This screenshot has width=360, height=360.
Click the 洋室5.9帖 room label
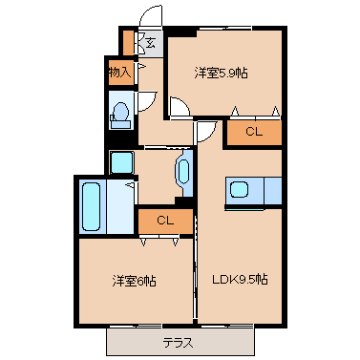coord(221,74)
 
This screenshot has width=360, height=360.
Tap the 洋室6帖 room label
coord(134,281)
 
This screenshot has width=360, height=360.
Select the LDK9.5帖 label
coord(240,279)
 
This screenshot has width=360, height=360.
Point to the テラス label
coord(178,343)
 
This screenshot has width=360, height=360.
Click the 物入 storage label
coord(119,73)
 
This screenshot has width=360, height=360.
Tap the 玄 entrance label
coord(150,43)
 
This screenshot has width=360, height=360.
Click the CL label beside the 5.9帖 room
coord(254,131)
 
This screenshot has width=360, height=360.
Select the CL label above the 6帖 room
coord(165,220)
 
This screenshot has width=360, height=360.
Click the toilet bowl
coord(120,112)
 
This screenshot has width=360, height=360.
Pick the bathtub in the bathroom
coord(91,207)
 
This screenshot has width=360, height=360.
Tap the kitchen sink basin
coord(240,190)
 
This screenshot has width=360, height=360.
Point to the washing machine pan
coord(121,162)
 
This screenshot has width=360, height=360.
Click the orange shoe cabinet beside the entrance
coord(128,43)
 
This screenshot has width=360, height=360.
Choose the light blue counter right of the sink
coord(273,191)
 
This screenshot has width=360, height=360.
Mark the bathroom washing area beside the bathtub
coord(120,207)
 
